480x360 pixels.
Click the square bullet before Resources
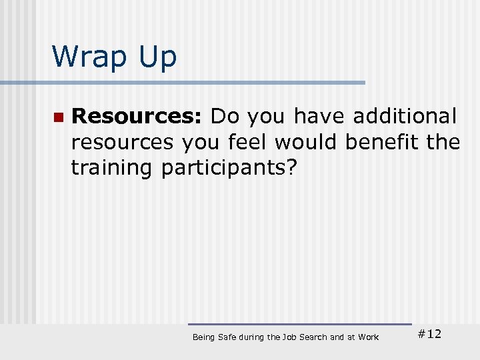(x=58, y=117)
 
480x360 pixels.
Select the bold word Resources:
(x=137, y=116)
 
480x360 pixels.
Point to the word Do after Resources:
(x=225, y=116)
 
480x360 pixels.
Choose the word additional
(x=405, y=116)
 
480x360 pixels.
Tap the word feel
(x=251, y=142)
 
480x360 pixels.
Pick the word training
(x=111, y=168)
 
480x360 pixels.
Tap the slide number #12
(x=429, y=334)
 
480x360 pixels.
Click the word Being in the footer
(x=203, y=337)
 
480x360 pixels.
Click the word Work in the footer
(x=368, y=337)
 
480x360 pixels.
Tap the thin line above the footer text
(x=300, y=325)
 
